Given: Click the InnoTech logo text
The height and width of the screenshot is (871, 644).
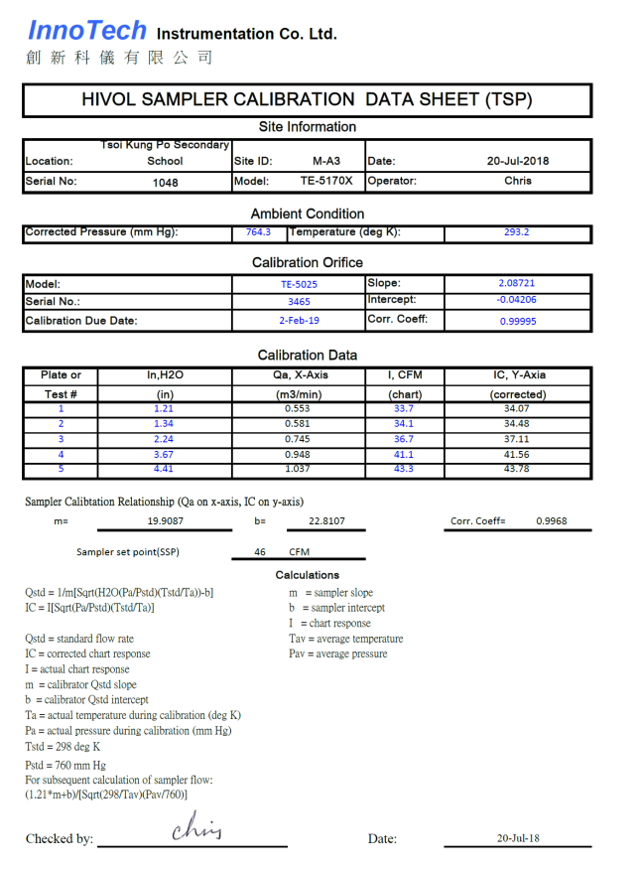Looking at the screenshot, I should [87, 31].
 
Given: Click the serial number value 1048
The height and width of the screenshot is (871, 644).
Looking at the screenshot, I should [166, 183].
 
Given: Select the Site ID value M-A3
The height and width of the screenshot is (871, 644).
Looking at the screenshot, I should [325, 161].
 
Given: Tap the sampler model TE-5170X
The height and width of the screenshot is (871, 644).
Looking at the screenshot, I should [326, 182].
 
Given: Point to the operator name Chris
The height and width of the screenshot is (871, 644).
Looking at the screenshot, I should [517, 182].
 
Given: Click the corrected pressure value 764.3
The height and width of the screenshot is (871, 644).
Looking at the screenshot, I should [258, 232].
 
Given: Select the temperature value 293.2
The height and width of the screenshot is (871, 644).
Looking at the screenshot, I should [517, 232].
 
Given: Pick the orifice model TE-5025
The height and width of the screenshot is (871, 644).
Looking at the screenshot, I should [299, 284].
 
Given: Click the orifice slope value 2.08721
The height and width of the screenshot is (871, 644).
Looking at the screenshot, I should [517, 284].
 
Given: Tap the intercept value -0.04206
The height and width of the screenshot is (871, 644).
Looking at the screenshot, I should [517, 300].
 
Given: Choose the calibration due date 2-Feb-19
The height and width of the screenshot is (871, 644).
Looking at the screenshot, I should [299, 321].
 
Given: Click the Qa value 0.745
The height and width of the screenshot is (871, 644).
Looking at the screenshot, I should [298, 439].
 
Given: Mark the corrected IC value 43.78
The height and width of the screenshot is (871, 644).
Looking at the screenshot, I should [517, 469].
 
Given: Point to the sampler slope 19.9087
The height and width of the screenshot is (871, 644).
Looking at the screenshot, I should [168, 520].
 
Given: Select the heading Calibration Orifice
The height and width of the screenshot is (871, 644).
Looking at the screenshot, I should [308, 263].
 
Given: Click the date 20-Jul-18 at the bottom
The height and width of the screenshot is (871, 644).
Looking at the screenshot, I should [519, 838].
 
